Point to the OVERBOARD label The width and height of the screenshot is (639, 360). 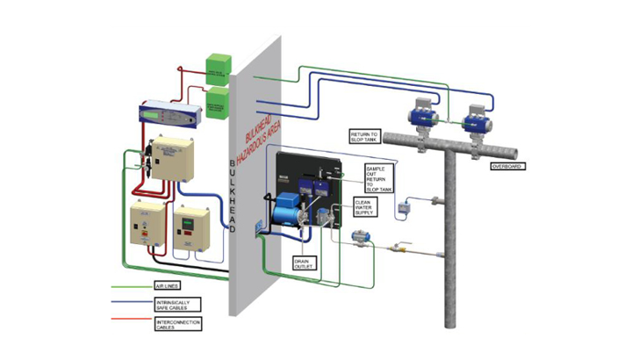click(x=506, y=165)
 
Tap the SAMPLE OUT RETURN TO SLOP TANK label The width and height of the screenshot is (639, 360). click(x=380, y=177)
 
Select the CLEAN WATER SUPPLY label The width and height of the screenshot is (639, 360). click(x=369, y=206)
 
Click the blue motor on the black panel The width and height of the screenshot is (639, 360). click(x=285, y=209)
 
